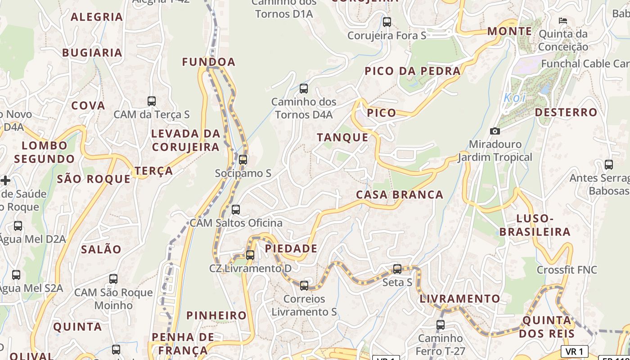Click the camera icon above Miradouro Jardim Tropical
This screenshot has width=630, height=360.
495,131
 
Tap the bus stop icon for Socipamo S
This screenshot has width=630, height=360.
243,159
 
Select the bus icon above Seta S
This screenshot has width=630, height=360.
397,269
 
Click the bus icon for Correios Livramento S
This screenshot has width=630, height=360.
304,285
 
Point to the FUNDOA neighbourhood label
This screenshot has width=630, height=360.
209,62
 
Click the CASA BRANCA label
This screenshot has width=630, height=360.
400,194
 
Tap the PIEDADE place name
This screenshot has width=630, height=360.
291,248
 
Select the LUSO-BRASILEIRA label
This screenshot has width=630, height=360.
535,225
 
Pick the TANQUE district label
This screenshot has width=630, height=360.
342,137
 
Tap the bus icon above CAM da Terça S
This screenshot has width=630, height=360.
152,101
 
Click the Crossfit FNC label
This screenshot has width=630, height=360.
567,270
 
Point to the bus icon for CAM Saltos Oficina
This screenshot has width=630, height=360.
236,209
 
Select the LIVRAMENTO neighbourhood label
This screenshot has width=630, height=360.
460,298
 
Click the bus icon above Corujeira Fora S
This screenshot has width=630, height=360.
387,22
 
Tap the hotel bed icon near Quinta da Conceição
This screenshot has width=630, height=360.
562,20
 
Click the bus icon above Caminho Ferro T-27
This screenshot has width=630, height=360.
441,324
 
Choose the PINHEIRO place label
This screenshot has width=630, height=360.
216,315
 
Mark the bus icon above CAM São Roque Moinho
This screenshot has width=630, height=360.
113,279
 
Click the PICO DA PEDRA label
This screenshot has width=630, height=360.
413,71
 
